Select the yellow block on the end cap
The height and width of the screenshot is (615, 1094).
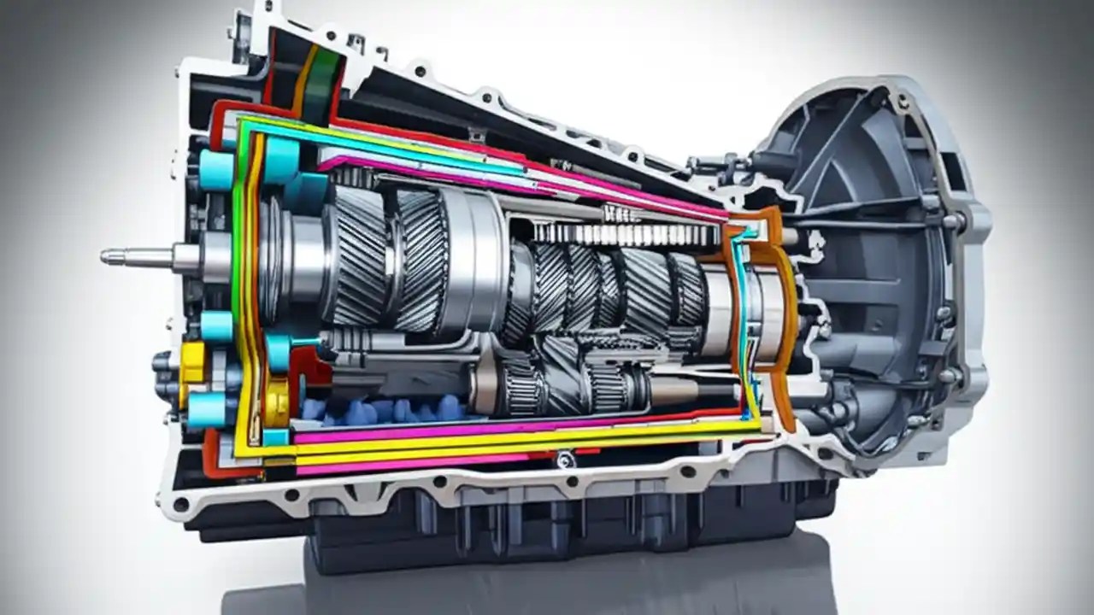193,362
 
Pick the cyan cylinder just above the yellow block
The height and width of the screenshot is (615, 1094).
216,326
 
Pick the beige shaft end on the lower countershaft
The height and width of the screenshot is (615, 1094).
675,391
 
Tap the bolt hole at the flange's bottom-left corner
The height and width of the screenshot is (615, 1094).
180,505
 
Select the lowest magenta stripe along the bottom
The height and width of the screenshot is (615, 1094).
410,467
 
